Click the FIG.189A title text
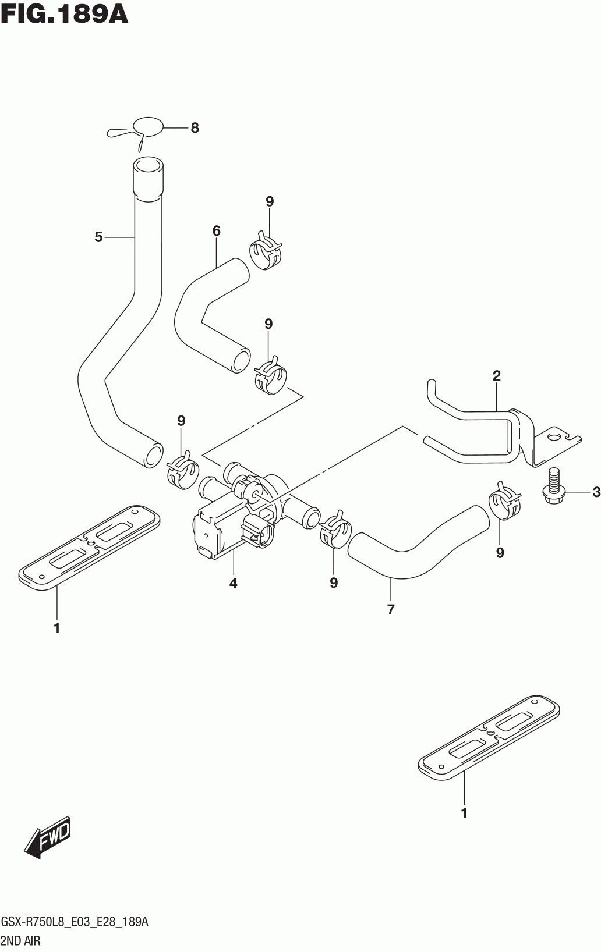[x=65, y=15]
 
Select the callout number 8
[x=195, y=127]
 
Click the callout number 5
[x=98, y=237]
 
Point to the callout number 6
[x=217, y=231]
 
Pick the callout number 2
[x=496, y=376]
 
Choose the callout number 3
[x=596, y=492]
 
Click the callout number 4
[x=233, y=584]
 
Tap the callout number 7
[x=391, y=609]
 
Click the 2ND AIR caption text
[x=20, y=941]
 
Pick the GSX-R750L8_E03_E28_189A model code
[x=75, y=921]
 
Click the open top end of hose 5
[x=149, y=165]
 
